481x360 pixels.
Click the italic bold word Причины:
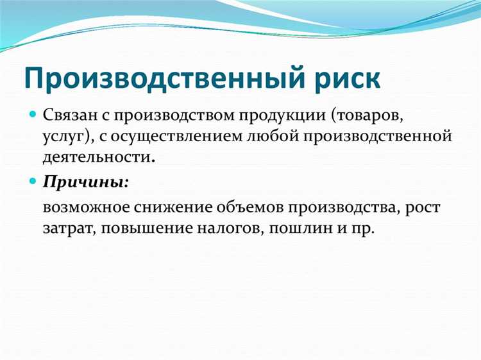[86, 182]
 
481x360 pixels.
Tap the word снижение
[165, 207]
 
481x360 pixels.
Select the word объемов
[244, 207]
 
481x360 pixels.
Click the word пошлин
[296, 228]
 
